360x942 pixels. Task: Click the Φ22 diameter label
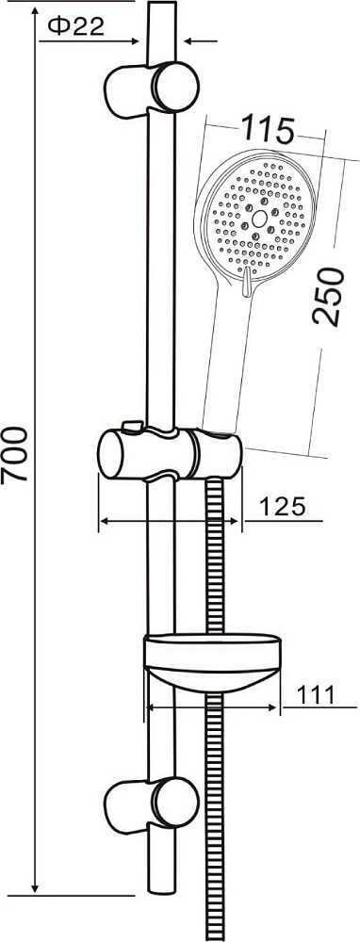tap(75, 25)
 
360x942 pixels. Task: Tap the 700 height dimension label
tap(14, 454)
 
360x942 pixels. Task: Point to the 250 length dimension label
tap(329, 297)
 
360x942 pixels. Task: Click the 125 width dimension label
tap(283, 507)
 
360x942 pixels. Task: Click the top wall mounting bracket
tap(152, 89)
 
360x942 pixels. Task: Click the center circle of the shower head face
tap(259, 219)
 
